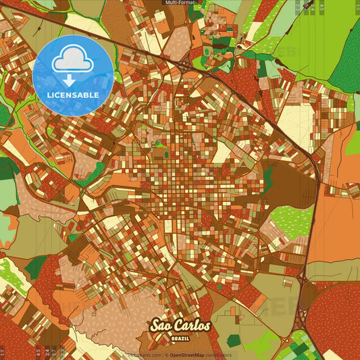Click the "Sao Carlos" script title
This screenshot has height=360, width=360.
(180, 326)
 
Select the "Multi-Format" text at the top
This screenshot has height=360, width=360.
(180, 3)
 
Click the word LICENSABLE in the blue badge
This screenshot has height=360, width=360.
(73, 95)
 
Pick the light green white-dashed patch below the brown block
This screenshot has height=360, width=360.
(292, 221)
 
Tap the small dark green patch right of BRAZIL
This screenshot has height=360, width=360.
(232, 341)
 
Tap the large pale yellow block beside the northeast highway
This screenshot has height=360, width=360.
(296, 122)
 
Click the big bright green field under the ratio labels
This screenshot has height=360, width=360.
(317, 41)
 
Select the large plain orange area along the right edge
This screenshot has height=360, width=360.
(338, 223)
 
